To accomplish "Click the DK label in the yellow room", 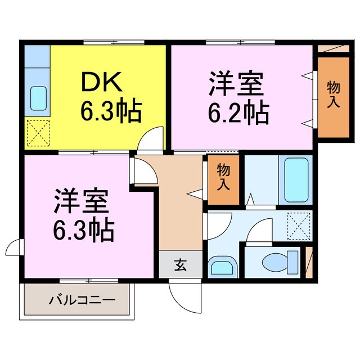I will tap(102, 83).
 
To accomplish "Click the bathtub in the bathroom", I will tap(298, 180).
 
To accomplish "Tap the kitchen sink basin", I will tap(38, 99).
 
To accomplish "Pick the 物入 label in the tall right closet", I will tap(333, 94).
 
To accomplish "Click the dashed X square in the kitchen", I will tap(38, 134).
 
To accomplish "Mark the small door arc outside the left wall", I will tap(15, 247).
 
